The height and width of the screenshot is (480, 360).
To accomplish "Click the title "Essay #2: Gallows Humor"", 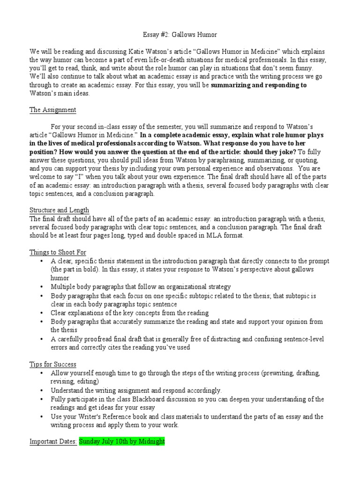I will (x=180, y=35).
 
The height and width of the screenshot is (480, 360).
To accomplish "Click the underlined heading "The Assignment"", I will (x=52, y=110).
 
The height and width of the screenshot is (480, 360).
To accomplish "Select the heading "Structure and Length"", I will (x=59, y=210).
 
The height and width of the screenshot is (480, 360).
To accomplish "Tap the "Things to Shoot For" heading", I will (x=58, y=252).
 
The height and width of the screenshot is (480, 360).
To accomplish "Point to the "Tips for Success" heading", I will (x=52, y=364).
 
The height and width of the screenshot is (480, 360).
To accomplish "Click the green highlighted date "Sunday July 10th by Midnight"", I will (x=122, y=442).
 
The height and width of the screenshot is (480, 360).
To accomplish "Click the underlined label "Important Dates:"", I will (x=53, y=442).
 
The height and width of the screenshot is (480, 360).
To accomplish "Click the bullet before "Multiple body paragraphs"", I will (x=42, y=286).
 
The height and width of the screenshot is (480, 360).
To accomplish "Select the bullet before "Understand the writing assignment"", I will (x=42, y=390).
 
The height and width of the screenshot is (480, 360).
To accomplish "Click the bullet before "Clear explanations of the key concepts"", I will (x=42, y=313).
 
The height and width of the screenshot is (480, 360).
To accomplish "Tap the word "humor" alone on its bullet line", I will (x=60, y=278).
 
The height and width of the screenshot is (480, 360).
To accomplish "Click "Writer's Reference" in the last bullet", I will (x=113, y=416).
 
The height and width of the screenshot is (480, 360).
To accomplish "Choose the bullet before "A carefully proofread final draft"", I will (x=42, y=339).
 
